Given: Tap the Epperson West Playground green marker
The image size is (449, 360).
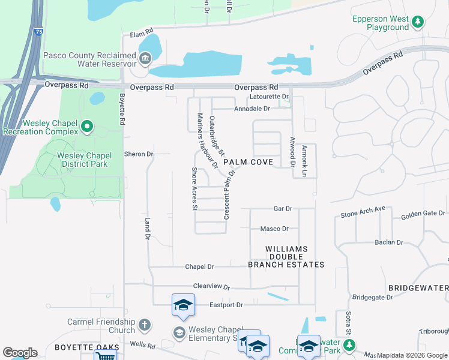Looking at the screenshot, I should click(x=418, y=22).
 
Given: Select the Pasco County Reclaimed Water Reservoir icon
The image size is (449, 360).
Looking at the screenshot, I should click(x=145, y=58).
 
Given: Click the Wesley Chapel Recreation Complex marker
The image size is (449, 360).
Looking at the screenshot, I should click(x=87, y=126).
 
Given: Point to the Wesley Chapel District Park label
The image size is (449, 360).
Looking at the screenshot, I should click(x=84, y=160).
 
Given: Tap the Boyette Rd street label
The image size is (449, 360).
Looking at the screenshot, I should click(x=121, y=112).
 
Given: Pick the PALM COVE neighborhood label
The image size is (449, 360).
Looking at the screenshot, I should click(x=248, y=163).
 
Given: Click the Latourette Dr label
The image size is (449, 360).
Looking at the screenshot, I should click(x=269, y=96).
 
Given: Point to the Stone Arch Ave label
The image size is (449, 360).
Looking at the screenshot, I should click(x=363, y=212).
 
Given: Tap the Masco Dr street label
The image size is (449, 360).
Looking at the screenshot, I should click(x=274, y=229).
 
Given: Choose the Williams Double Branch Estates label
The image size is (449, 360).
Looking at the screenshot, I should click(x=286, y=256).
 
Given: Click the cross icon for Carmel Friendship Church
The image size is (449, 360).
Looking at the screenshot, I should click(x=143, y=326).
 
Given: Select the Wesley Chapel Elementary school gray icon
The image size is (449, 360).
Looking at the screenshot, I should click(x=179, y=332).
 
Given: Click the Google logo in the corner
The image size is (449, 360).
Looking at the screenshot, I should click(x=20, y=352).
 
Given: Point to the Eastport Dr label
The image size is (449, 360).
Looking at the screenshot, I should click(x=226, y=305).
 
